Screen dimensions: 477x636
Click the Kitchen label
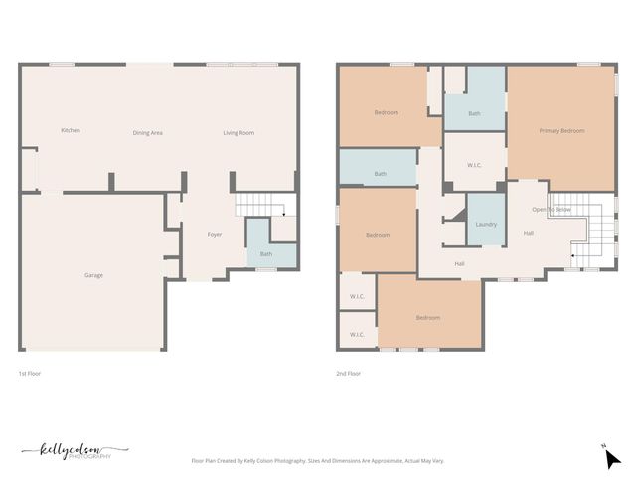70,131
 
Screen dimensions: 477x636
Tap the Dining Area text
148,132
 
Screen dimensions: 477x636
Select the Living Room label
238,132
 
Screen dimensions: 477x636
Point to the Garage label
93,275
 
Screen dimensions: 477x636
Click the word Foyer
214,235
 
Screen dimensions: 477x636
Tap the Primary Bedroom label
561,131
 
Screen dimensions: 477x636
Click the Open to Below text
551,210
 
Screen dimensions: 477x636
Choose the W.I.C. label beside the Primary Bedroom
474,165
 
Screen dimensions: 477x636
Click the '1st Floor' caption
30,374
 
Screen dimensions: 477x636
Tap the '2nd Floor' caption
349,374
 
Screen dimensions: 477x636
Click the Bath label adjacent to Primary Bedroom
474,113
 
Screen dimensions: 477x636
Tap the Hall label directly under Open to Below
529,233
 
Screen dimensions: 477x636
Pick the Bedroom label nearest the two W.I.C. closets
427,318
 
